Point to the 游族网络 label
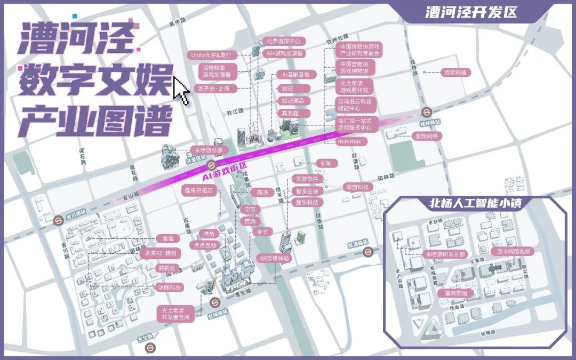tap(426, 136)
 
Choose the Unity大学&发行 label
tap(211, 55)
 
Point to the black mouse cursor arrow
tap(181, 90)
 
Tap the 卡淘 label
tap(324, 163)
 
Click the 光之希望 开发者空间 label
tap(175, 313)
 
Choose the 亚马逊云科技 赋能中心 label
tap(357, 104)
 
